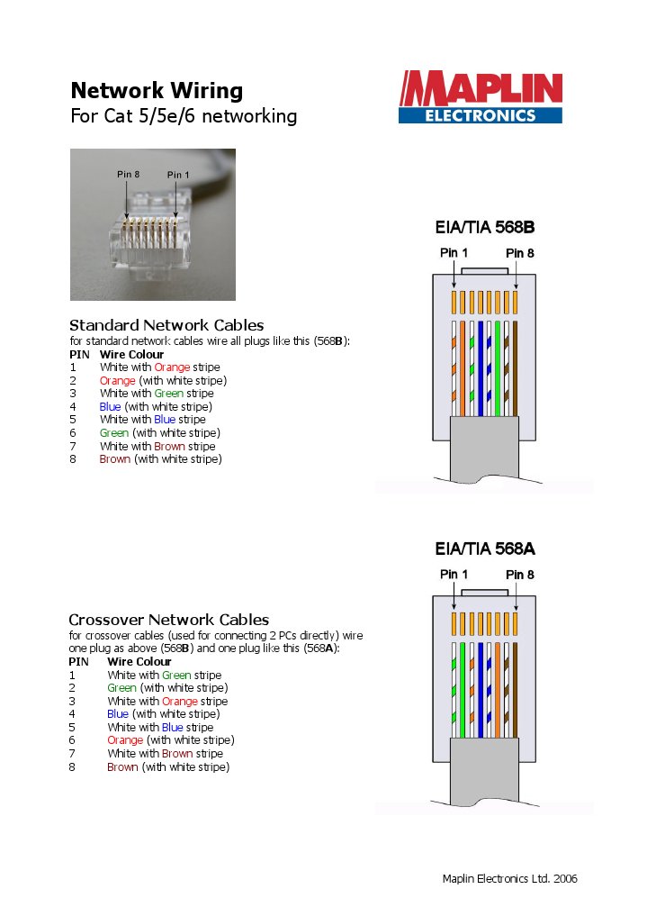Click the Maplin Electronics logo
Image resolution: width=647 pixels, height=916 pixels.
pos(481,98)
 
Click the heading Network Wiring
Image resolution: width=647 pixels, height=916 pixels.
pos(157,91)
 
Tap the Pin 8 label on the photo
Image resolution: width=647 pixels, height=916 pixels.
pos(128,174)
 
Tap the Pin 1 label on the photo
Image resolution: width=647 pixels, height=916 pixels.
pos(178,175)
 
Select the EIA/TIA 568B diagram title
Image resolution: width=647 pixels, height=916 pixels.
pos(484,228)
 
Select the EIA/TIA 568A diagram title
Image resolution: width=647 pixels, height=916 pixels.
pos(484,549)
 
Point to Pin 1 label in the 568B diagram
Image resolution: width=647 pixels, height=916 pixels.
pos(454,253)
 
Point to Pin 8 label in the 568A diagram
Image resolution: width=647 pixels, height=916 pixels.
pos(520,575)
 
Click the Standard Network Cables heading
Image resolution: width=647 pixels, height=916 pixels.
pos(166,325)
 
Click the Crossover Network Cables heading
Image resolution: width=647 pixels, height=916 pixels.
pos(168,620)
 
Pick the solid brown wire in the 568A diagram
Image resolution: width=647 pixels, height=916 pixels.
pos(514,689)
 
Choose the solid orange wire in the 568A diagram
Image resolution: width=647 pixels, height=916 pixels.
pos(497,689)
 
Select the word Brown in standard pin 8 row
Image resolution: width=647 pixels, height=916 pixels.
pos(114,459)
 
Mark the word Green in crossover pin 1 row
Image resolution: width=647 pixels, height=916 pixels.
pos(177,675)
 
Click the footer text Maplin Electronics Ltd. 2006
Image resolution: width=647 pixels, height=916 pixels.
pos(509,878)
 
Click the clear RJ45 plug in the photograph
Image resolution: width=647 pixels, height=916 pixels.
pos(151,243)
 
